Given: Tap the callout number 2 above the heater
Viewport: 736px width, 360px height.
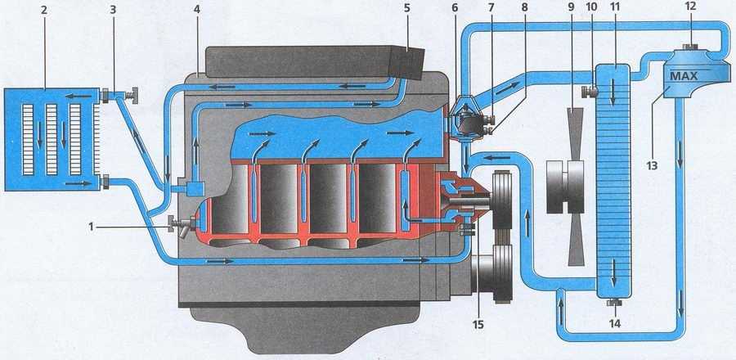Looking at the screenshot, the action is [44, 11].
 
